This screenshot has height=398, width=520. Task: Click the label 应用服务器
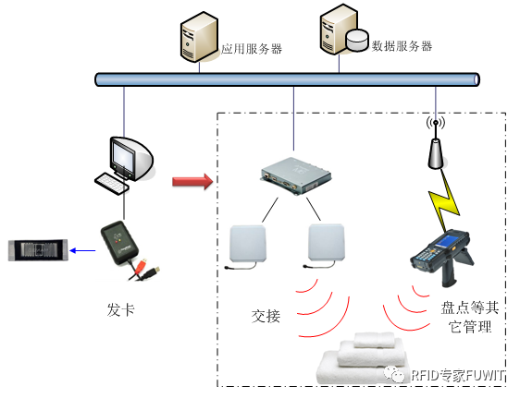click(253, 48)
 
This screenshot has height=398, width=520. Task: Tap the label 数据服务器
click(401, 45)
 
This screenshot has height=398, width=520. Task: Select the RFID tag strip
click(39, 248)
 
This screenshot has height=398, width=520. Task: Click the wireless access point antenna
click(435, 144)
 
